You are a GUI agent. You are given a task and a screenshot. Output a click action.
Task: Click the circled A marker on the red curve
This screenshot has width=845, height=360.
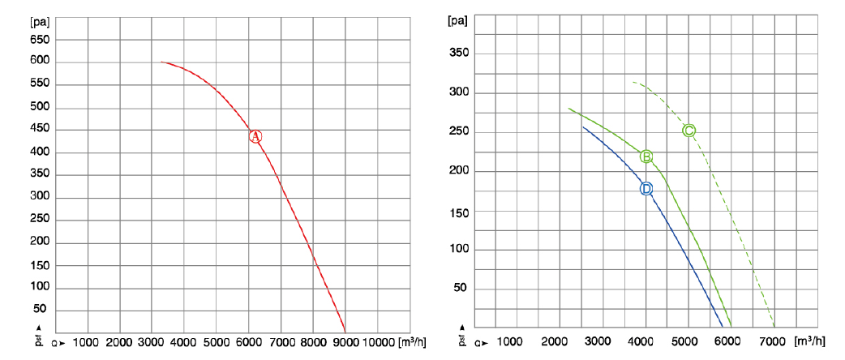tap(255, 136)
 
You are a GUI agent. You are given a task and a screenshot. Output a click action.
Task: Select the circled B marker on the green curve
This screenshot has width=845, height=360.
tap(646, 156)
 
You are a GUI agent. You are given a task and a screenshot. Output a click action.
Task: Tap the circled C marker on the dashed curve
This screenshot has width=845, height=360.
tap(688, 131)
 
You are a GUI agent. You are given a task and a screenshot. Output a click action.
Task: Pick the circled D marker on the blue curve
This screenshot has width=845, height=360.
tap(646, 189)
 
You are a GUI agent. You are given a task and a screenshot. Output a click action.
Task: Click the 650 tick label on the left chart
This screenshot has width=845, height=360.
tap(40, 38)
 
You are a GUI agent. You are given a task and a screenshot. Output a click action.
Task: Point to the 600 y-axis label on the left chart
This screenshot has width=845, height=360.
tap(40, 61)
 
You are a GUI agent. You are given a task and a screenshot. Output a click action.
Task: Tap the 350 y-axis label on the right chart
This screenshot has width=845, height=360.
tap(459, 54)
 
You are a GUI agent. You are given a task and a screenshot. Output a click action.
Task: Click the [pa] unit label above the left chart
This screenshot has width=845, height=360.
tap(41, 18)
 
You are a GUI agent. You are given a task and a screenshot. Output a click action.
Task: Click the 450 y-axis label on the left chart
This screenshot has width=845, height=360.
tap(40, 129)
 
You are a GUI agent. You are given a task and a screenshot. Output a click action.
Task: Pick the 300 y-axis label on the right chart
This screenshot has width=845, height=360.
tap(459, 92)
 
